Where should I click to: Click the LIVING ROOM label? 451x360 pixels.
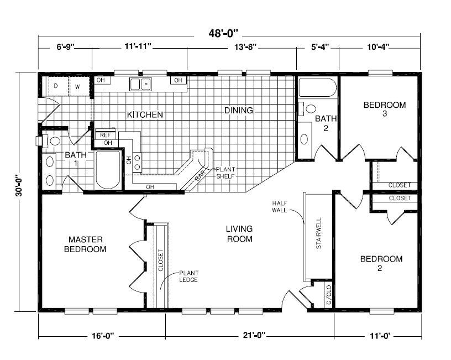[239, 234]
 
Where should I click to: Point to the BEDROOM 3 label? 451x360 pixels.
[385, 109]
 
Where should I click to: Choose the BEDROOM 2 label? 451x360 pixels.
[381, 263]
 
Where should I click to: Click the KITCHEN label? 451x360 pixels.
[145, 115]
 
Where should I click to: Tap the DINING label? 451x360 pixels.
[239, 111]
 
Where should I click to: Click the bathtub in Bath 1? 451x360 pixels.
[108, 170]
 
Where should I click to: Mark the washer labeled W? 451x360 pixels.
[77, 86]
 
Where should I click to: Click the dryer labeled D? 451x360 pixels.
[56, 86]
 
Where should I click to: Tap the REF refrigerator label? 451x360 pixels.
[104, 135]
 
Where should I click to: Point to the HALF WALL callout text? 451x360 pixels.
[280, 207]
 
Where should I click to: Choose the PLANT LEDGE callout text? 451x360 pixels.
[188, 276]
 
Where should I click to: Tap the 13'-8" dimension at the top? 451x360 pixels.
[243, 48]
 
